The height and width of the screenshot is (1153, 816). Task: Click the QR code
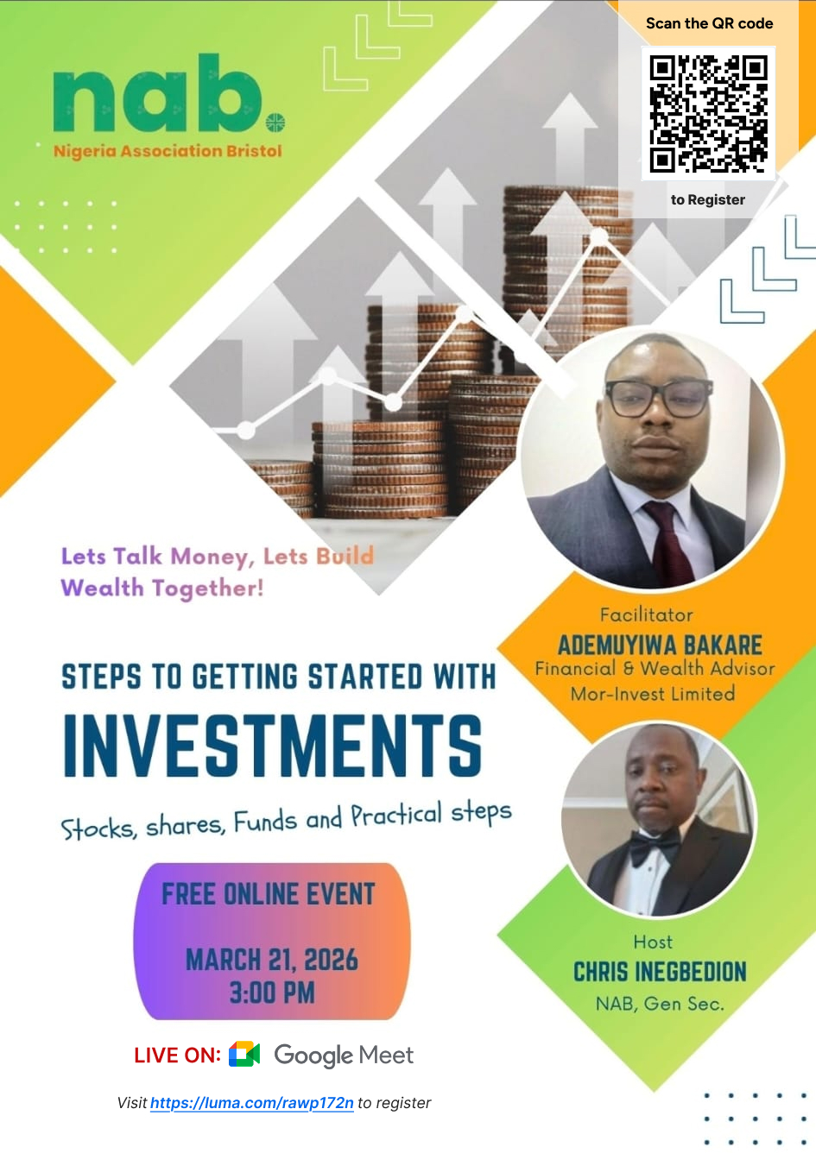click(x=708, y=113)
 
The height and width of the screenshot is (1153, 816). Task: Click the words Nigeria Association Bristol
click(x=168, y=151)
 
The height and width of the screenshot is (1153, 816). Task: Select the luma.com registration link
click(x=251, y=1103)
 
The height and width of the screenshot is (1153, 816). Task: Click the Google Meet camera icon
click(x=244, y=1054)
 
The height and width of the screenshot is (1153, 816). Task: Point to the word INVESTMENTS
click(x=273, y=745)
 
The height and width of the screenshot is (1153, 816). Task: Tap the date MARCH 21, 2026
click(x=271, y=960)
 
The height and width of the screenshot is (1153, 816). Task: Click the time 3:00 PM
click(x=271, y=992)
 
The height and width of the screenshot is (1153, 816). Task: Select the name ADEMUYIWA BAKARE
click(x=660, y=645)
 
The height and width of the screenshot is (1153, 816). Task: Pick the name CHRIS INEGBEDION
click(x=660, y=972)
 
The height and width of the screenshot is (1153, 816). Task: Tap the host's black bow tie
click(x=654, y=847)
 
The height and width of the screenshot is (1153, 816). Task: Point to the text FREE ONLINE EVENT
click(x=269, y=894)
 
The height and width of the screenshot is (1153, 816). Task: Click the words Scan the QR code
click(x=709, y=23)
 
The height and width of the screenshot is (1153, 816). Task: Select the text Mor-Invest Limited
click(x=653, y=694)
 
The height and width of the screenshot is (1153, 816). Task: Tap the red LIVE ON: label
click(x=177, y=1055)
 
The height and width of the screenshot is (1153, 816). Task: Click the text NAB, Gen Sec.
click(x=660, y=1004)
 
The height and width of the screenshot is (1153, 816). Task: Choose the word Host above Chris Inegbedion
click(x=653, y=942)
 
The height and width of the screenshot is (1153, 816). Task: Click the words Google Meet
click(x=344, y=1055)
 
